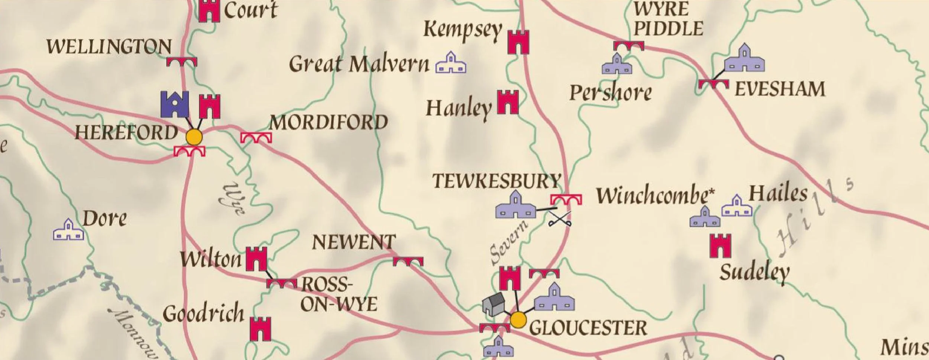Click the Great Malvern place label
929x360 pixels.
[x=359, y=64]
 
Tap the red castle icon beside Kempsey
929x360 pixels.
[x=518, y=42]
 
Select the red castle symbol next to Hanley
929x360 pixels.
[x=508, y=102]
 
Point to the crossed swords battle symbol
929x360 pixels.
[x=560, y=219]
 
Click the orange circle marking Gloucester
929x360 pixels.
[x=518, y=320]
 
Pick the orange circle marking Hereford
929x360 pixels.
[x=194, y=137]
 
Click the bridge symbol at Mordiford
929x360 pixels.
[x=256, y=138]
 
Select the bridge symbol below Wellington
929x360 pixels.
[x=181, y=62]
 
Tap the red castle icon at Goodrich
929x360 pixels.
[x=260, y=329]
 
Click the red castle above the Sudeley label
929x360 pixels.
[x=721, y=246]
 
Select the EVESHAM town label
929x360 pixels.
[x=780, y=90]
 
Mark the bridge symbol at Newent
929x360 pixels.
[x=408, y=262]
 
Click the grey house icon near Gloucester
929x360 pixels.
[x=494, y=304]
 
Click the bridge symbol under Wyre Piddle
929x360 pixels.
[x=628, y=46]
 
